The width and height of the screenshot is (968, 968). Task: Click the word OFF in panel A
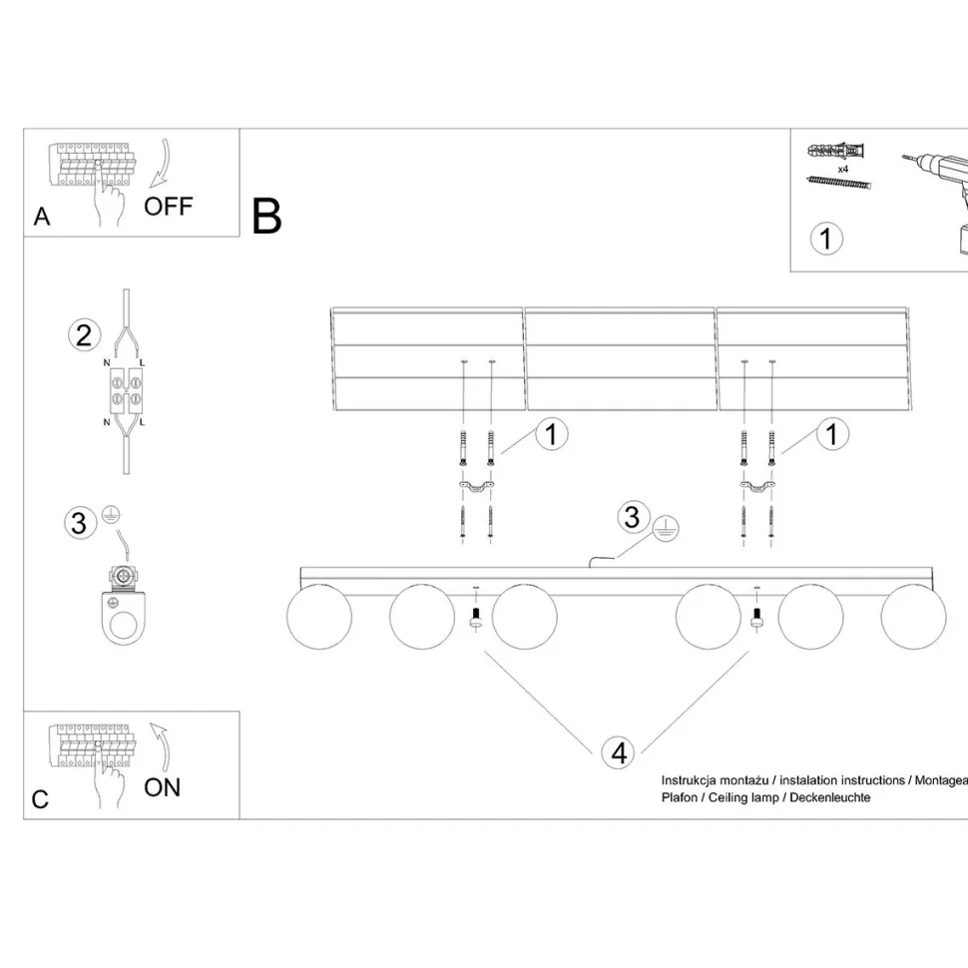(168, 207)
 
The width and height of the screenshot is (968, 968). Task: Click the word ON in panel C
(162, 787)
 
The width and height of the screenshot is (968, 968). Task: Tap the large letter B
(266, 217)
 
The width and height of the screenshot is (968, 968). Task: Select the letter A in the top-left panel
(41, 217)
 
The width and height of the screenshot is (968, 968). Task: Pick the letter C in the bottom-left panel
(40, 799)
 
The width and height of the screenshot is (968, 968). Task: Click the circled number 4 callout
(619, 753)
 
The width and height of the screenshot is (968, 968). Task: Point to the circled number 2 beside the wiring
(84, 335)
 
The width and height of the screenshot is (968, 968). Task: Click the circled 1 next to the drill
(826, 239)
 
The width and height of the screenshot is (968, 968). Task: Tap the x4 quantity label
(842, 169)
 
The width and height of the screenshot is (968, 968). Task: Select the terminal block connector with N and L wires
(126, 391)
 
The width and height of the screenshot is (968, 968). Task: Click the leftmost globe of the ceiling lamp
(319, 617)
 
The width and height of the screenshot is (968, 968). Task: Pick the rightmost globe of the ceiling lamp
(914, 617)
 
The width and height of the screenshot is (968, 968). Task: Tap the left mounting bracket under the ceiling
(477, 487)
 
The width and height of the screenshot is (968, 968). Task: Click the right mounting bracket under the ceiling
(757, 487)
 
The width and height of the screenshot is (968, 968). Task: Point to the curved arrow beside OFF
(161, 164)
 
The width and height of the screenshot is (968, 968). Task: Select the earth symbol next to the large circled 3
(665, 529)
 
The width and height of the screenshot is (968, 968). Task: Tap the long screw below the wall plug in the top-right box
(839, 183)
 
